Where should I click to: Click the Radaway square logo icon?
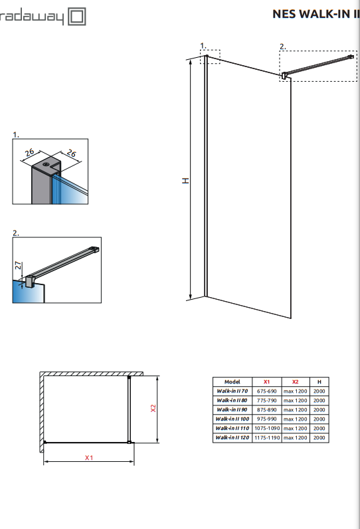pos(77,17)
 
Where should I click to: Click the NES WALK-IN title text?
pos(316,14)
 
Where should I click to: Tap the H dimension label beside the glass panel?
pos(185,181)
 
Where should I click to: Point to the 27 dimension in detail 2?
pos(18,265)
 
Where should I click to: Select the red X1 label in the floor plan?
pos(88,458)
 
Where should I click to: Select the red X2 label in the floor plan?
pos(153,408)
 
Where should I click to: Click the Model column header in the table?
pos(232,382)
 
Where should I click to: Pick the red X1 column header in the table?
pos(266,382)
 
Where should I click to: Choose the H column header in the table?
pos(319,382)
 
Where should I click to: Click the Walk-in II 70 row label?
pos(232,391)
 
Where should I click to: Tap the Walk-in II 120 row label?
pos(232,437)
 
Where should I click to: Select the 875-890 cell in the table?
pos(266,409)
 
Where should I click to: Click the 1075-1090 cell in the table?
pos(266,428)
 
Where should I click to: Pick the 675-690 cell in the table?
pos(266,391)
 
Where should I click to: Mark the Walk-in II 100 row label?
pos(232,419)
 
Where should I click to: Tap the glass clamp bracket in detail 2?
pos(30,281)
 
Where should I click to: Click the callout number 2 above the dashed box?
pos(282,47)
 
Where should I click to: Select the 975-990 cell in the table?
pos(266,419)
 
